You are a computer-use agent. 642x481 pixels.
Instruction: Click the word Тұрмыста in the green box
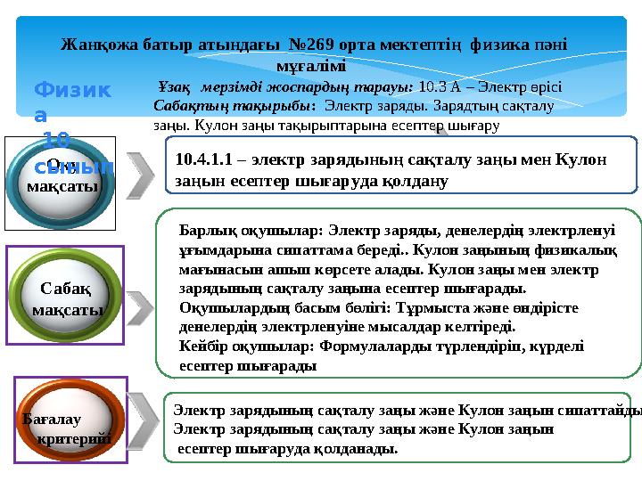[x=443, y=308]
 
